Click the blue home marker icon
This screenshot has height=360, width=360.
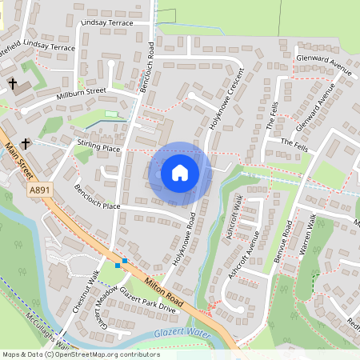180,173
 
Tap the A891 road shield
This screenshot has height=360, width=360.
38,190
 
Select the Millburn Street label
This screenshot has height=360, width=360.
82,94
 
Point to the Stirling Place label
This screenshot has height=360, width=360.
98,149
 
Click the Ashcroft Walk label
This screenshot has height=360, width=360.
235,218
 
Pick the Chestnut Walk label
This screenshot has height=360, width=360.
83,289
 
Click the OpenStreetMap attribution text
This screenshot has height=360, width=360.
80,354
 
